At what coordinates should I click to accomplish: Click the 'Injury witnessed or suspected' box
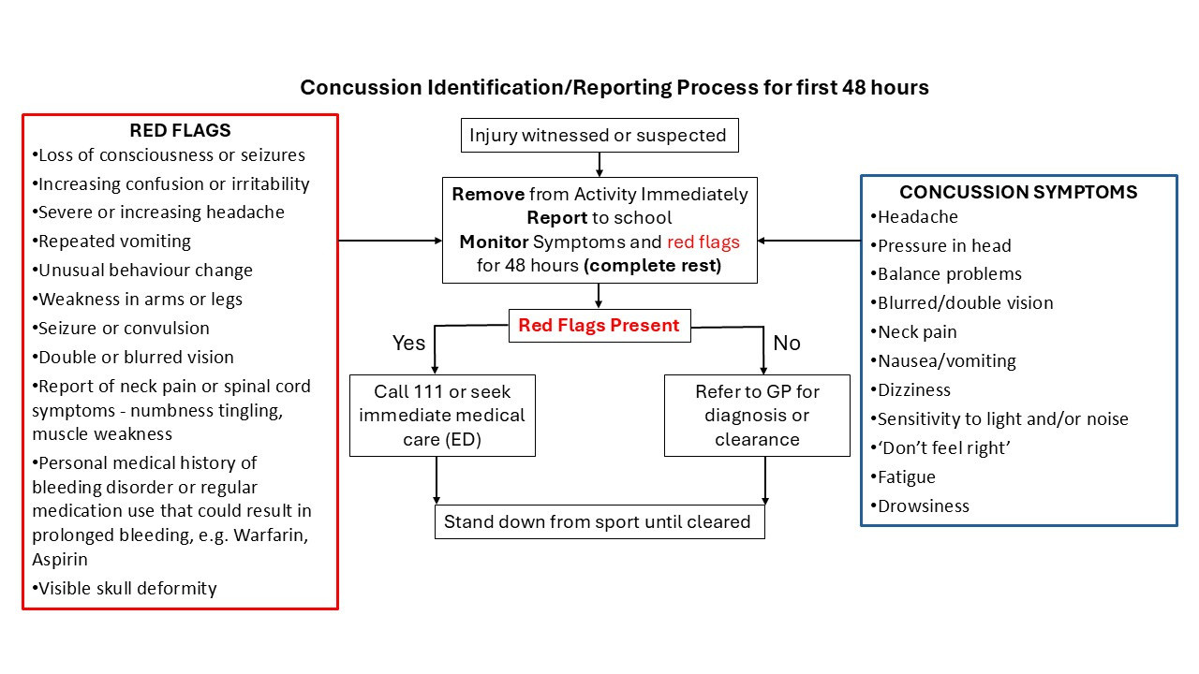pyautogui.click(x=599, y=136)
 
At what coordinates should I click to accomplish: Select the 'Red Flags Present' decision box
pyautogui.click(x=599, y=326)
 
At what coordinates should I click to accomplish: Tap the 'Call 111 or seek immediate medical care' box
pyautogui.click(x=442, y=416)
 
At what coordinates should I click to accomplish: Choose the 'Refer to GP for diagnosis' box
pyautogui.click(x=757, y=416)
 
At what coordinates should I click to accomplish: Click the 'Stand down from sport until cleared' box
pyautogui.click(x=599, y=522)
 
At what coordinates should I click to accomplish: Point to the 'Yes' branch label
pyautogui.click(x=408, y=344)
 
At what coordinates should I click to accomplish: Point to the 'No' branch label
pyautogui.click(x=787, y=344)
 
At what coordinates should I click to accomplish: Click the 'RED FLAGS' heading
pyautogui.click(x=180, y=130)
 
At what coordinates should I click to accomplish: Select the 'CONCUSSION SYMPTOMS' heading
pyautogui.click(x=1018, y=192)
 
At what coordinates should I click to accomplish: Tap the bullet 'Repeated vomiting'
pyautogui.click(x=111, y=242)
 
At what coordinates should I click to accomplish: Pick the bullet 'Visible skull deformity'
pyautogui.click(x=125, y=589)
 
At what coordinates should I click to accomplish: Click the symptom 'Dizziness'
pyautogui.click(x=910, y=390)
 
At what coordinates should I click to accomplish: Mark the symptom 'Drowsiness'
pyautogui.click(x=920, y=506)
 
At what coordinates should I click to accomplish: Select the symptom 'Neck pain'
pyautogui.click(x=913, y=332)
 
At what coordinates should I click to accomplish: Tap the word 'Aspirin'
pyautogui.click(x=59, y=560)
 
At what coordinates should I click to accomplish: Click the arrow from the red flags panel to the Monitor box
pyautogui.click(x=391, y=241)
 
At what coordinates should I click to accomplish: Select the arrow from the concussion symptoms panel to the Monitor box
pyautogui.click(x=808, y=241)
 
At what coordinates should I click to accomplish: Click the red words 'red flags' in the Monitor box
pyautogui.click(x=703, y=242)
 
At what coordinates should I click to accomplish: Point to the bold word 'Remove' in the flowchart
pyautogui.click(x=488, y=194)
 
